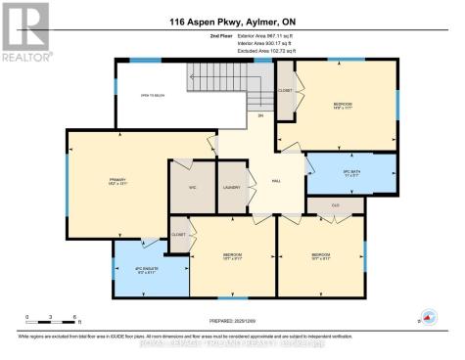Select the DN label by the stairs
tap(260, 117)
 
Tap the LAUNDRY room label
tap(231, 187)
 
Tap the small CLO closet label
tap(334, 204)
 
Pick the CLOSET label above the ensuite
tap(178, 235)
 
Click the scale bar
tap(53, 319)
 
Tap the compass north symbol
tap(427, 317)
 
